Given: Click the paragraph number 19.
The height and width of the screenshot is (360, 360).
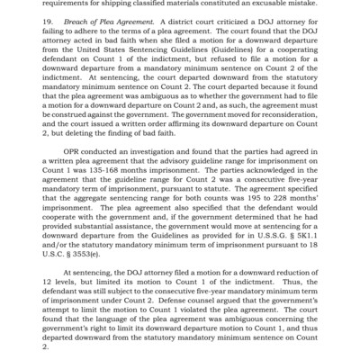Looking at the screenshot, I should pos(50,19).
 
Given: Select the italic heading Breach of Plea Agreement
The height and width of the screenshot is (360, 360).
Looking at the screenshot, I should pos(108,19).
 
